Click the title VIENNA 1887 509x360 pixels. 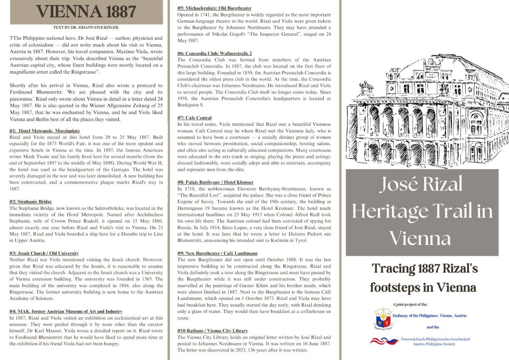coord(86,11)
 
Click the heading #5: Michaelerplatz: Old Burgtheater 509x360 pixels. coord(214,8)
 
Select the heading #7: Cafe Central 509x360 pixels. coord(194,117)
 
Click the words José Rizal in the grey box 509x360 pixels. coord(421,185)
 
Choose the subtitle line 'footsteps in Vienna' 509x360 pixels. coord(423,287)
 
